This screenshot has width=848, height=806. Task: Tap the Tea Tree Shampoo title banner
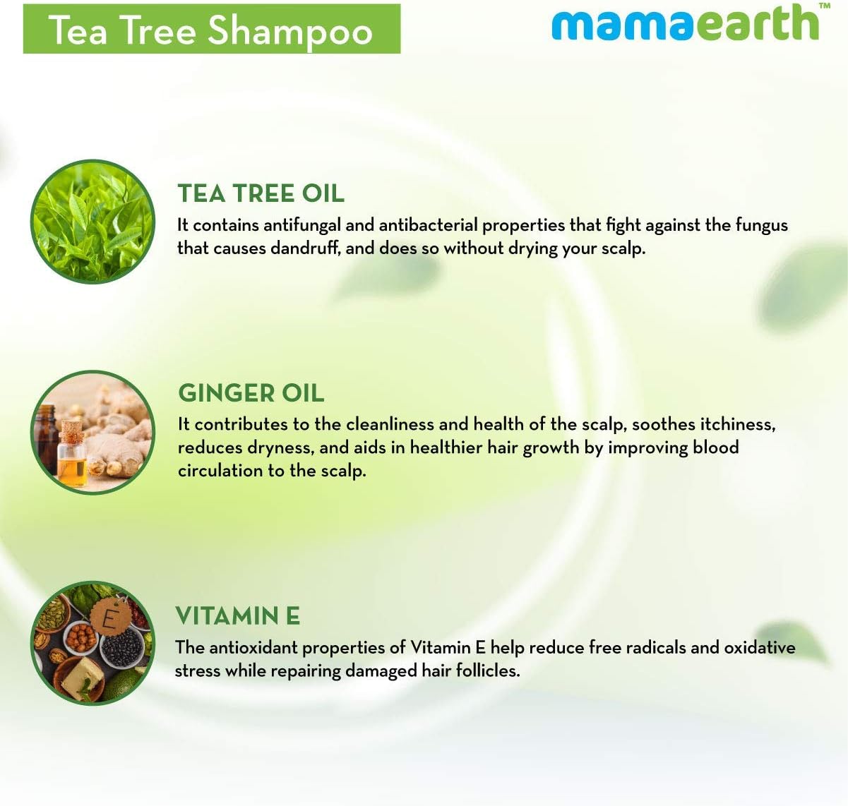point(211,29)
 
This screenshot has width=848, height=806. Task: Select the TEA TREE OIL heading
point(261,193)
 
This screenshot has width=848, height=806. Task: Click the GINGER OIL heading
point(251,392)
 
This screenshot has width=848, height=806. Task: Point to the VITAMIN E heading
point(237,615)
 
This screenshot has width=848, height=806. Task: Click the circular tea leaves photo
point(92,222)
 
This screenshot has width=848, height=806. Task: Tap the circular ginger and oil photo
point(92,431)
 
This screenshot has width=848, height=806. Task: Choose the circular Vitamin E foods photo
point(92,642)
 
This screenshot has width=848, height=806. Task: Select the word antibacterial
point(428,225)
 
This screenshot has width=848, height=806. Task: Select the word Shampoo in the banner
point(289,30)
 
